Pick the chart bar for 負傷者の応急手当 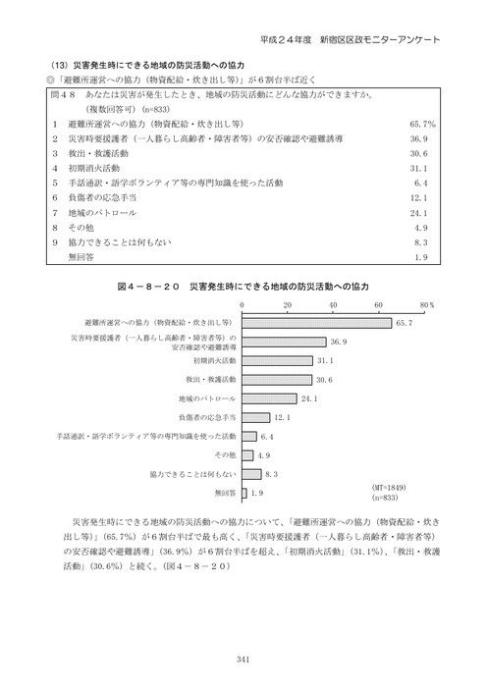pos(254,417)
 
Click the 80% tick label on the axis pos(426,305)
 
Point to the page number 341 pos(243,660)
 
